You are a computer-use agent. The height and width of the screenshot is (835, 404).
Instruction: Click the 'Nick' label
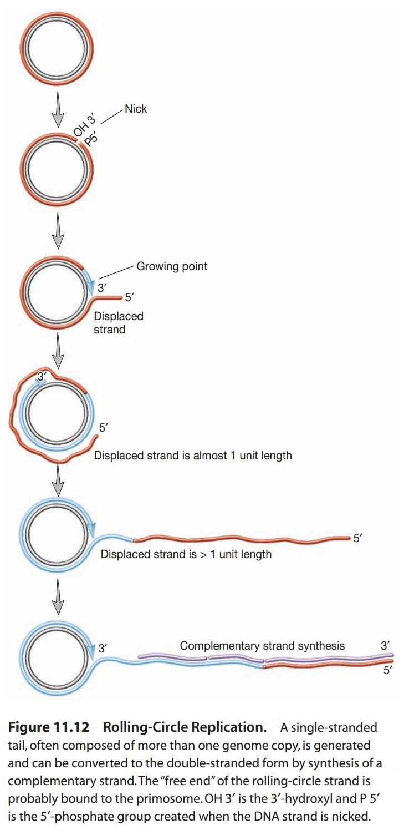pyautogui.click(x=136, y=109)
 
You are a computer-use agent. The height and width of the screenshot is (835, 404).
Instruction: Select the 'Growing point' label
pyautogui.click(x=172, y=266)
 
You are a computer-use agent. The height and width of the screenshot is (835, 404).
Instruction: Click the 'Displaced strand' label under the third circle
pyautogui.click(x=118, y=323)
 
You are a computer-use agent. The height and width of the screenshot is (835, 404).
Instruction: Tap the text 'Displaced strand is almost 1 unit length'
pyautogui.click(x=193, y=456)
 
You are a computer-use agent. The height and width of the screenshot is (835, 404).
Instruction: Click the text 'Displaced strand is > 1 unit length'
pyautogui.click(x=186, y=554)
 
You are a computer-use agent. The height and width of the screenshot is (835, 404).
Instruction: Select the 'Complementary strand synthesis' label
pyautogui.click(x=262, y=646)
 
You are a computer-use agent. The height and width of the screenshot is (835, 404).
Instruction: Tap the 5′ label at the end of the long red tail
pyautogui.click(x=358, y=538)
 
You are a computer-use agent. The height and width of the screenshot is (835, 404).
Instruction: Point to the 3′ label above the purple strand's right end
pyautogui.click(x=385, y=645)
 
